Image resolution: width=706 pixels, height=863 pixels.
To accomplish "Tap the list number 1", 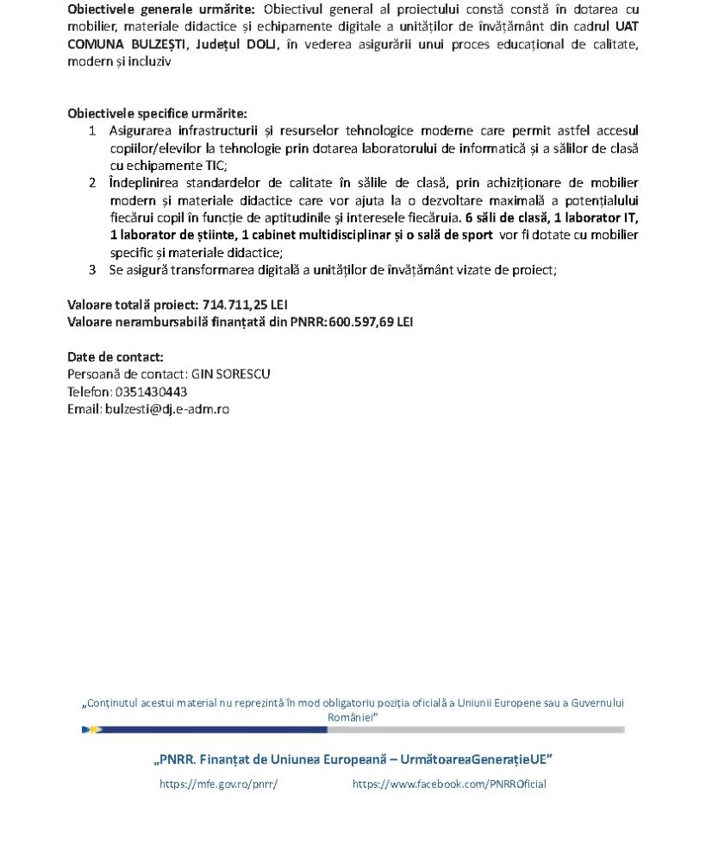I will [92, 130].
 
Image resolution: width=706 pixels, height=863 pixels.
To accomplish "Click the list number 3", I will [92, 269].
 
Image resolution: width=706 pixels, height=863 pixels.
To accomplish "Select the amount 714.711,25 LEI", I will [246, 305].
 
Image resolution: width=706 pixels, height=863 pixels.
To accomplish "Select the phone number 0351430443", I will [150, 392].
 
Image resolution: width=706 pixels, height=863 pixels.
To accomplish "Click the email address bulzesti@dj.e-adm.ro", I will [166, 409].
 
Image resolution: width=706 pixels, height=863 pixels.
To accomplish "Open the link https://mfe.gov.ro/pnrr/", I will [219, 784].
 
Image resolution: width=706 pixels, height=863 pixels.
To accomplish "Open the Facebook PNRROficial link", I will [449, 784].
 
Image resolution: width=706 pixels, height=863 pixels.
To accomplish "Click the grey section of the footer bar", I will [475, 729].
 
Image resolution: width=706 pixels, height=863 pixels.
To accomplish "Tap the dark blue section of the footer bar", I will [216, 729].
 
